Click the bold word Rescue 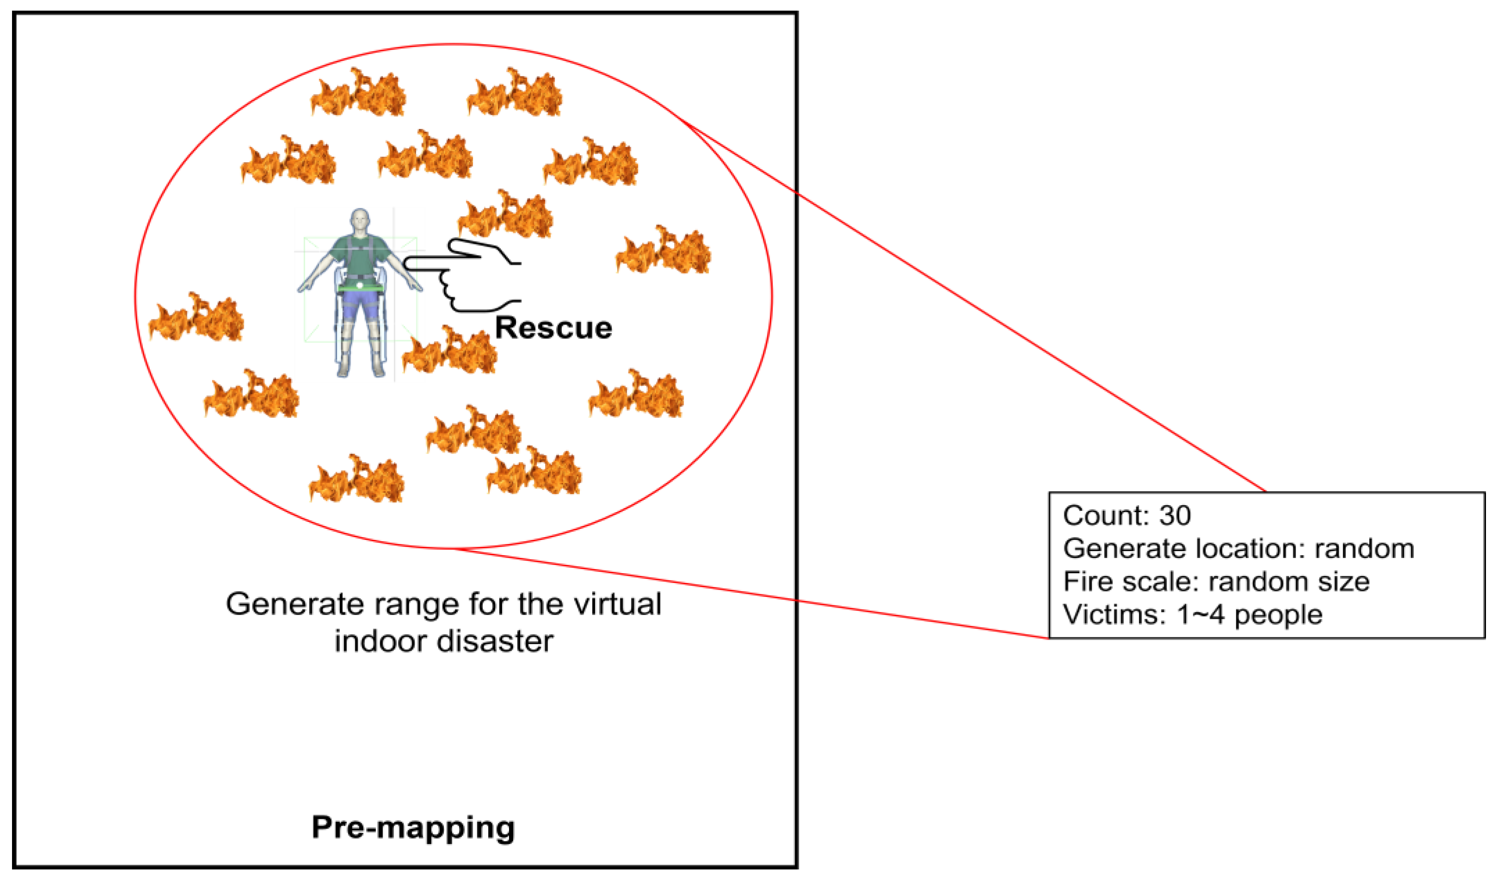click(x=553, y=328)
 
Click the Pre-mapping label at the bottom click(x=413, y=827)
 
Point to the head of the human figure click(x=360, y=221)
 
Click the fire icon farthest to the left click(x=196, y=318)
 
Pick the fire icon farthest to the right click(x=663, y=251)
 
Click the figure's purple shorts click(x=360, y=308)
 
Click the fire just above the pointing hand click(x=505, y=215)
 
